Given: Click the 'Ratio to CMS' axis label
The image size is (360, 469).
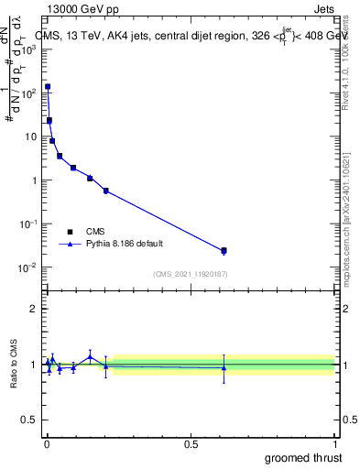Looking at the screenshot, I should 15,364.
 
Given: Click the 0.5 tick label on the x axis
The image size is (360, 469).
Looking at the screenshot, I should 191,443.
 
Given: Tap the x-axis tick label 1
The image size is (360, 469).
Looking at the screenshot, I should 334,443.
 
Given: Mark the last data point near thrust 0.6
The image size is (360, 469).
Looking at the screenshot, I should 224,250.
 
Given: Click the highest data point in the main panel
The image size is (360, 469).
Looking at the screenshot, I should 48,87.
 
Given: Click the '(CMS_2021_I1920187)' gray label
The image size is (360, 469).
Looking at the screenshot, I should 191,273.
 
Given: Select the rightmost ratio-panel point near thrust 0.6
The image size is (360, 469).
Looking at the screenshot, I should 224,367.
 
